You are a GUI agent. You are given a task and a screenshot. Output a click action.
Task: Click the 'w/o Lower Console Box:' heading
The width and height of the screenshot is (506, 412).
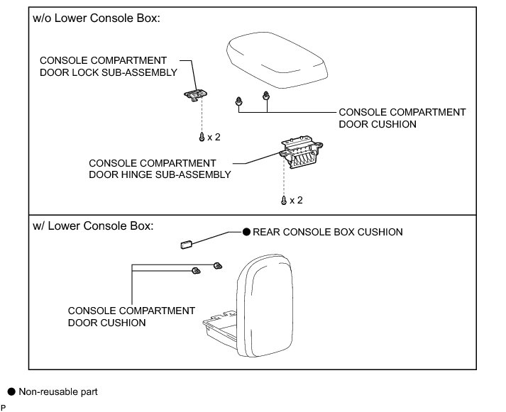point(97,18)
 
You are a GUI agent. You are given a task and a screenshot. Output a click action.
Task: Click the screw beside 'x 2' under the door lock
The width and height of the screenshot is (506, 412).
point(202,137)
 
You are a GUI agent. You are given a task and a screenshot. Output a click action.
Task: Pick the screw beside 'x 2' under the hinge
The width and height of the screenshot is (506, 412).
point(285,201)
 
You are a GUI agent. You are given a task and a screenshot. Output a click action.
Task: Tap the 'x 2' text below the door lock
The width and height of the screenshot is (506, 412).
point(214,137)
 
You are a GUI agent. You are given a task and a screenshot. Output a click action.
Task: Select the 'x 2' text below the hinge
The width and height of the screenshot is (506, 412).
point(296,201)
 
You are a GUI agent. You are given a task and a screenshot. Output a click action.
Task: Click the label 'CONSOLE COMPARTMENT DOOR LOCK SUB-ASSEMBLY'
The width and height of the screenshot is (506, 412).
point(108,66)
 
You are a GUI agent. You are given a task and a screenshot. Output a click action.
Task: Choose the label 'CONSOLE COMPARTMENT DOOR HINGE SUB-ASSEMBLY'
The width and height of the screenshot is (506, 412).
point(160,169)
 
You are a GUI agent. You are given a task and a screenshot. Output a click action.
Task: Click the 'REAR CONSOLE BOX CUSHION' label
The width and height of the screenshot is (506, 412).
point(328,232)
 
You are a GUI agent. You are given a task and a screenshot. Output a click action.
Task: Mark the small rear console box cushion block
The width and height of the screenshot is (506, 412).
point(188,245)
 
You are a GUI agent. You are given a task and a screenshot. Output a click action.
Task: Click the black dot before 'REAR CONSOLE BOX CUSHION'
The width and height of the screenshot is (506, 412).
point(247,232)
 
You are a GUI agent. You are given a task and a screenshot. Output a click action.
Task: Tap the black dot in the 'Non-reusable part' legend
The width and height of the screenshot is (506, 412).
point(11,391)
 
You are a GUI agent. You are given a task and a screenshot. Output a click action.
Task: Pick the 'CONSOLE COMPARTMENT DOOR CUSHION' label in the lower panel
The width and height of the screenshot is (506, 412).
point(131,316)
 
